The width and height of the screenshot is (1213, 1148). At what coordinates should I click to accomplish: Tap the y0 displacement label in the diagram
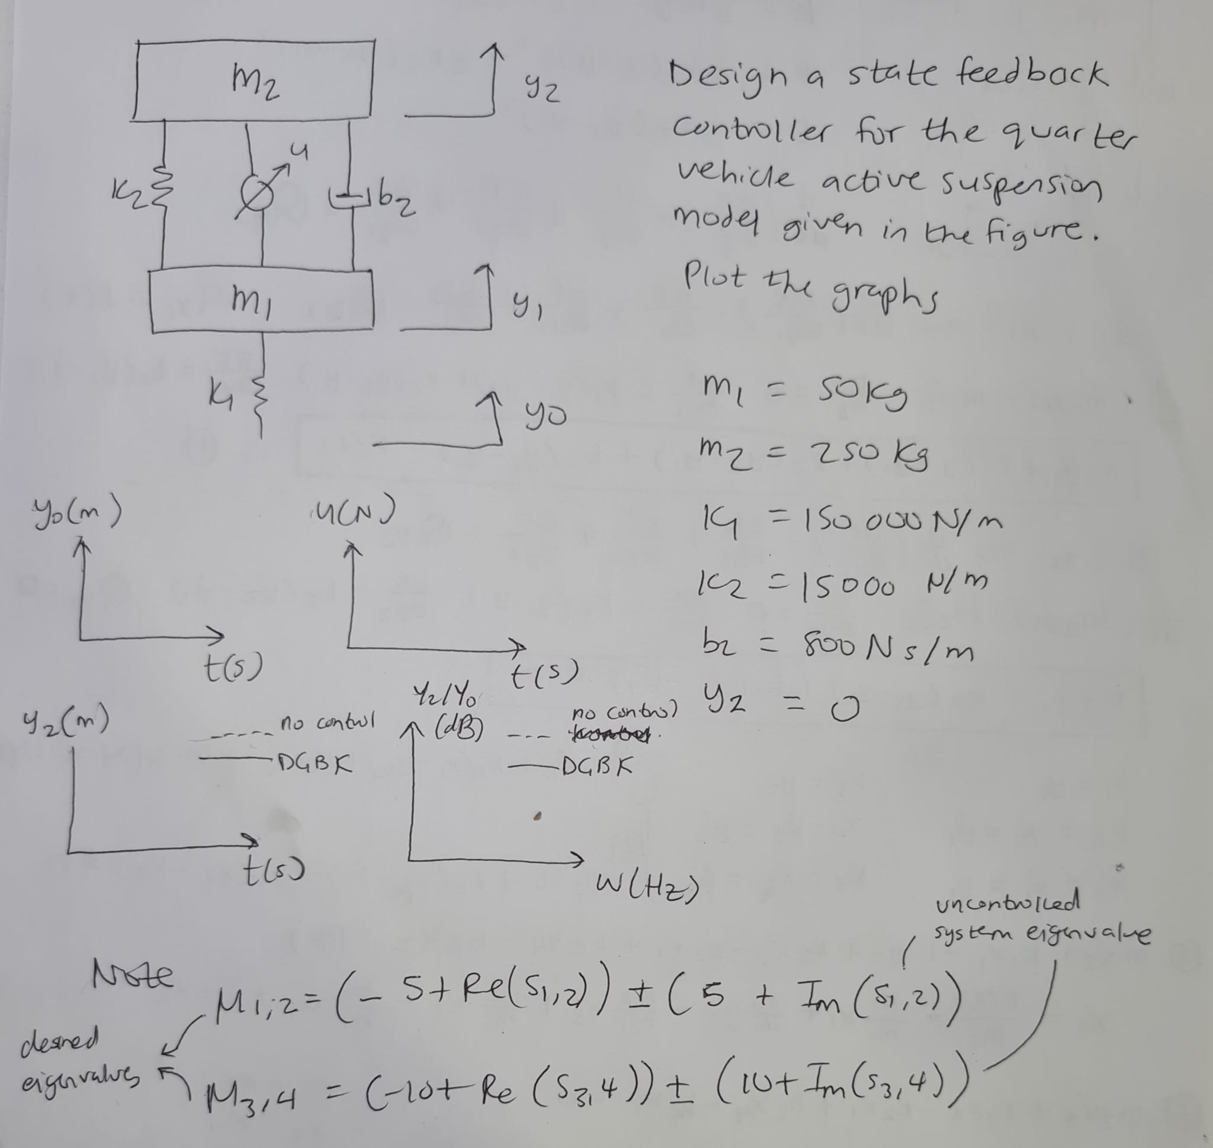[544, 417]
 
